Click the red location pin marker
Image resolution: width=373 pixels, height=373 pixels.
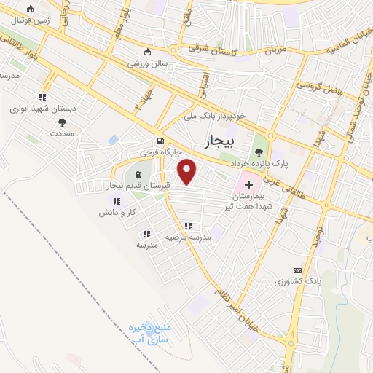tap(188, 171)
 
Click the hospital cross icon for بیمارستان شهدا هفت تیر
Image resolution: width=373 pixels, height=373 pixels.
tap(250, 186)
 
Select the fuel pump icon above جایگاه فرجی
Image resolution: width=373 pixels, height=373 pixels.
tap(160, 142)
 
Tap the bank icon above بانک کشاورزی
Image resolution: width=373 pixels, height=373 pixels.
tap(297, 269)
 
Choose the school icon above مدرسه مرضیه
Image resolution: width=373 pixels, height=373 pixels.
tap(189, 227)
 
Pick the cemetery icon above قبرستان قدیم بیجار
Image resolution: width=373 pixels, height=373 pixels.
tap(138, 173)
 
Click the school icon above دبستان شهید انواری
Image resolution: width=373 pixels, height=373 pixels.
tap(42, 96)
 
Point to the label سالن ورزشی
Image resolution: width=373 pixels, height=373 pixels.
tap(149, 63)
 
